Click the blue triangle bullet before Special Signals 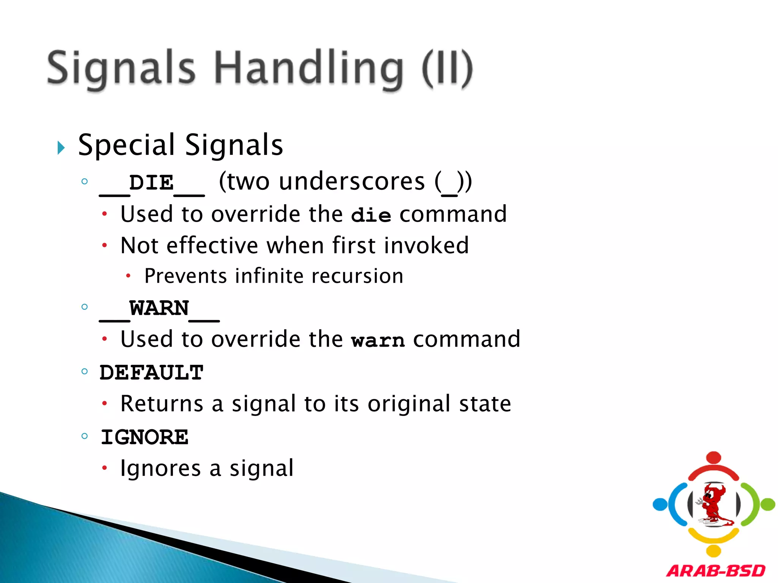pyautogui.click(x=61, y=148)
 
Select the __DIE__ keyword pyautogui.click(x=152, y=183)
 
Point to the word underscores pyautogui.click(x=352, y=181)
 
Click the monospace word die pyautogui.click(x=371, y=215)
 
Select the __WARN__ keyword pyautogui.click(x=159, y=309)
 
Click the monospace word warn pyautogui.click(x=378, y=340)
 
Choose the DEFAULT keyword pyautogui.click(x=152, y=372)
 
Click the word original pyautogui.click(x=409, y=403)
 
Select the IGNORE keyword pyautogui.click(x=144, y=437)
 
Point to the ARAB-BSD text pyautogui.click(x=716, y=571)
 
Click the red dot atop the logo pyautogui.click(x=714, y=457)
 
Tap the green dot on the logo pyautogui.click(x=768, y=504)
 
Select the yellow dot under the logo pyautogui.click(x=713, y=551)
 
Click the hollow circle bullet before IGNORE pyautogui.click(x=85, y=436)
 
